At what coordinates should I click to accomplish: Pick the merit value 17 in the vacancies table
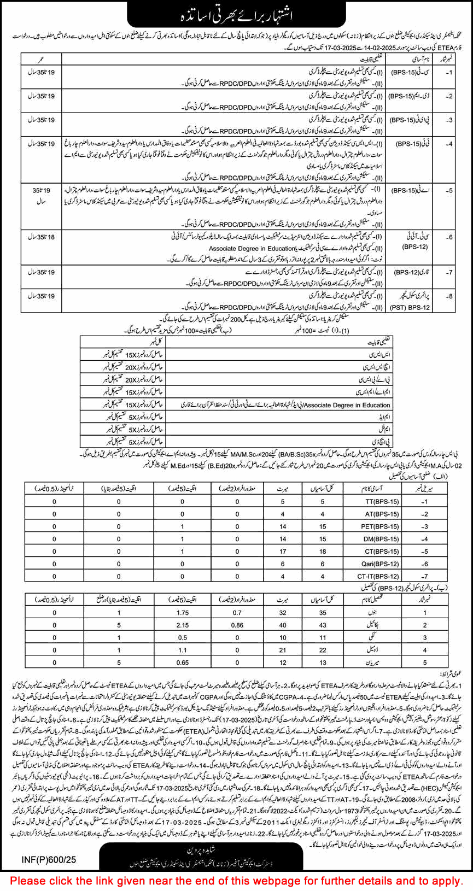point(283,551)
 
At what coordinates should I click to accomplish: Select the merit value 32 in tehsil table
point(283,613)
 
